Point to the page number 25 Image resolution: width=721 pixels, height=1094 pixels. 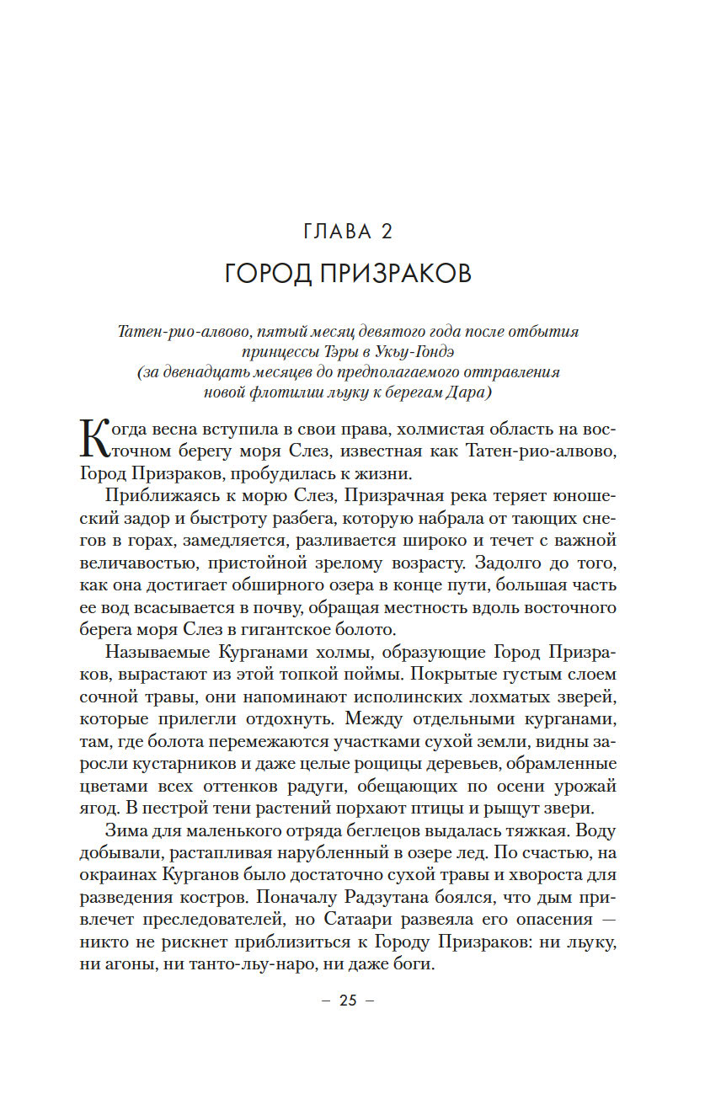pyautogui.click(x=348, y=1001)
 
